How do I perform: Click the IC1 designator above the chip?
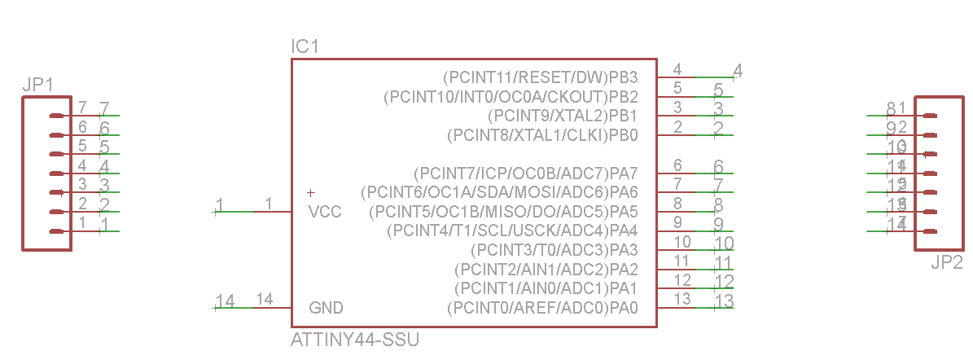(305, 47)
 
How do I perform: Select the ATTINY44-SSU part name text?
(355, 340)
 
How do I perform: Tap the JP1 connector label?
(38, 85)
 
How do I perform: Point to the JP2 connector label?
(947, 263)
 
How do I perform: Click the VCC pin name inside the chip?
(325, 212)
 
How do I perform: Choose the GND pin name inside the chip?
(326, 308)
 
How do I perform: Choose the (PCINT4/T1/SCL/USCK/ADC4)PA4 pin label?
(513, 230)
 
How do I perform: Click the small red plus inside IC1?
(310, 193)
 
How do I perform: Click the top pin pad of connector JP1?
(56, 116)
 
